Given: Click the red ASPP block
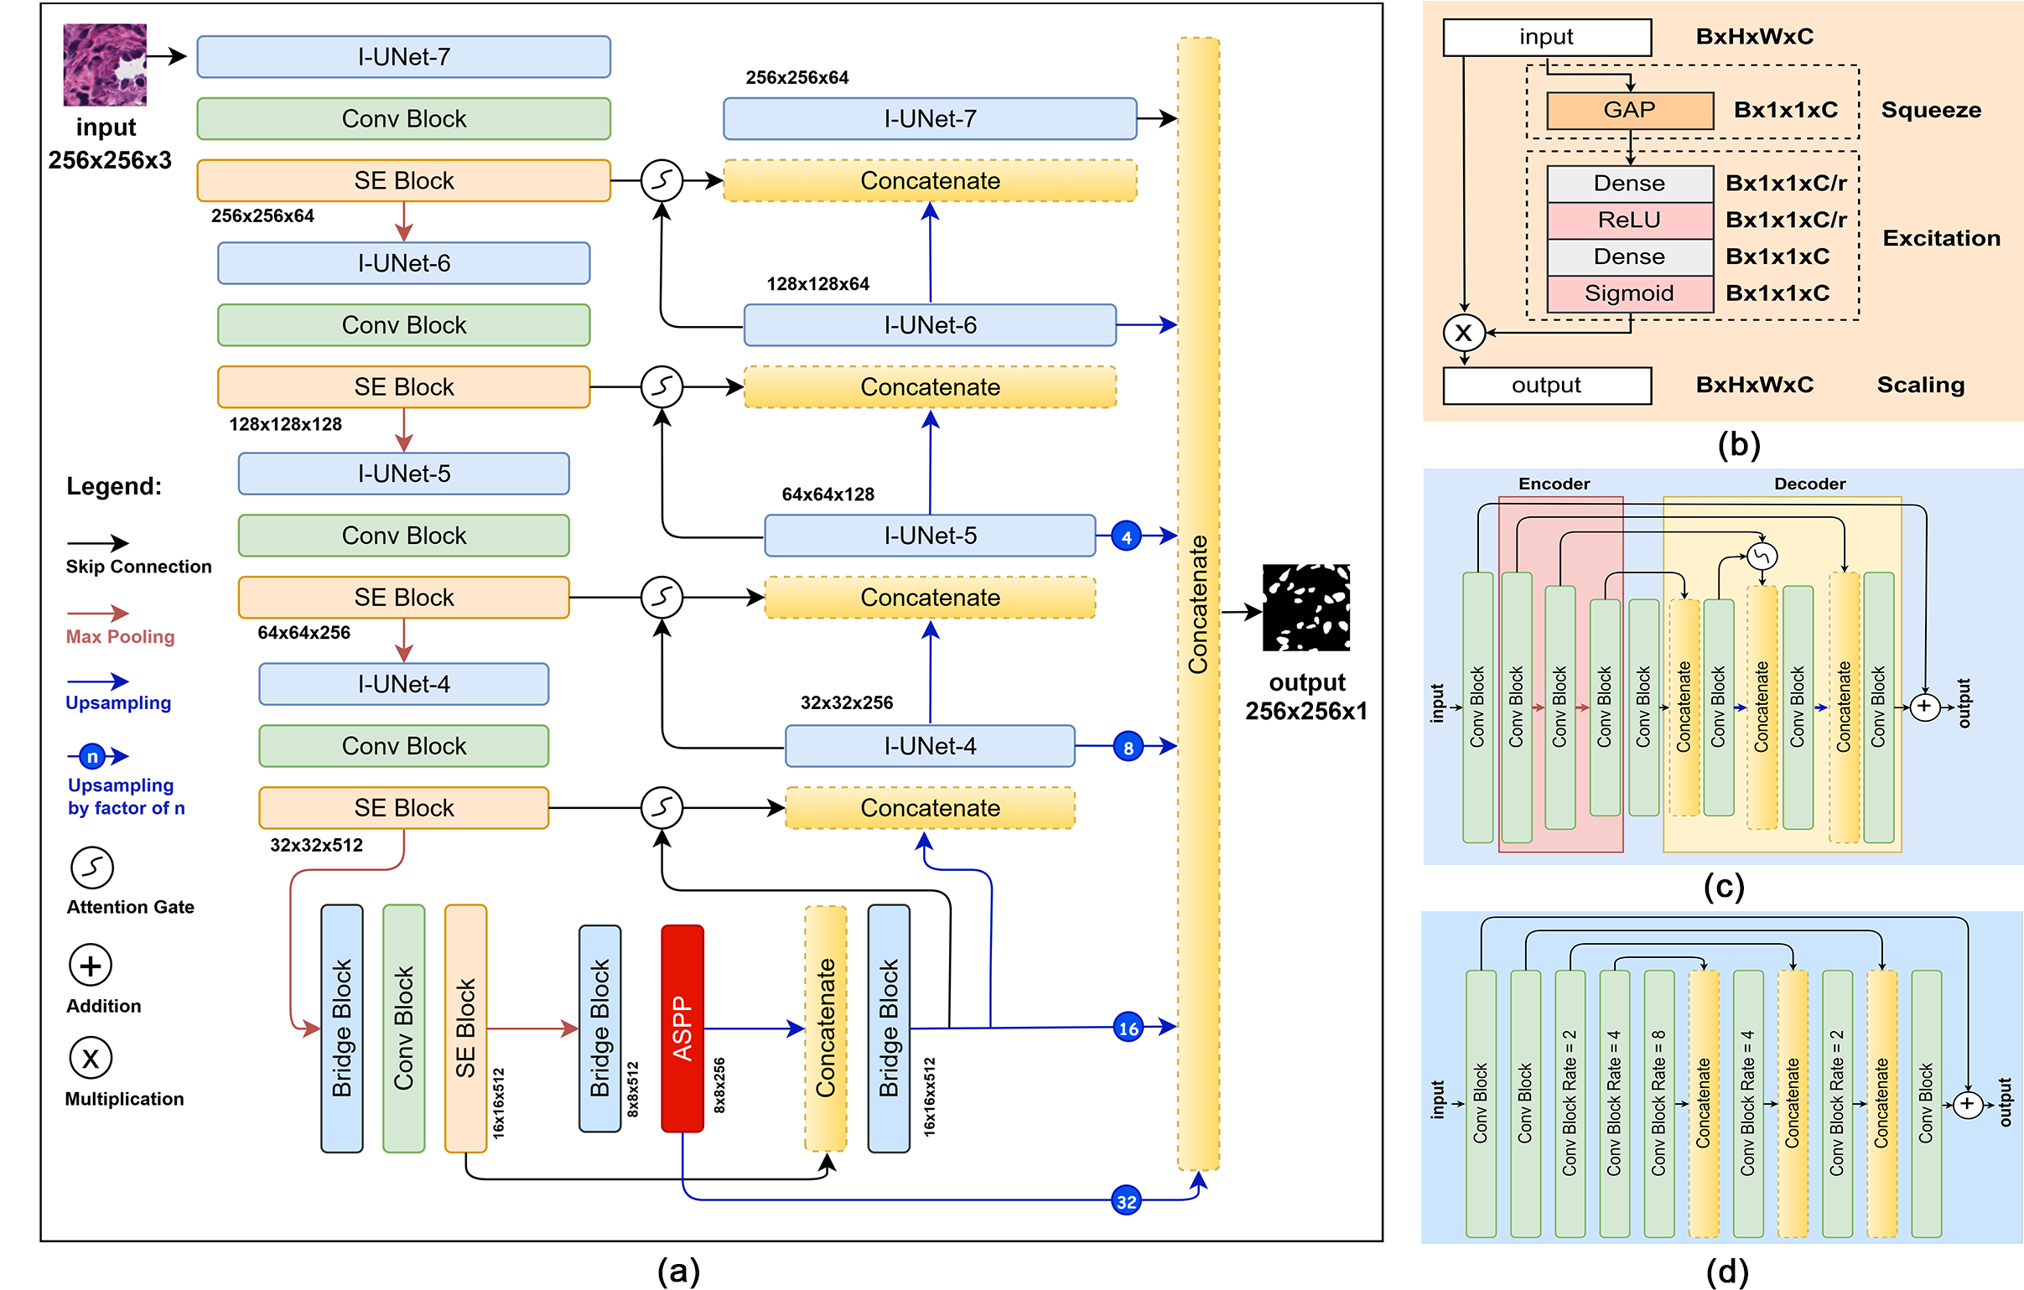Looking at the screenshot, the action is [682, 1028].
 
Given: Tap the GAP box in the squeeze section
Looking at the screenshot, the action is [1629, 110].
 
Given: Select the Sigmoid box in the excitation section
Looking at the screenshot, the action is [1629, 293].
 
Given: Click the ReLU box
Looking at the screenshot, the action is [1629, 220].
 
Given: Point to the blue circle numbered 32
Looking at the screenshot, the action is [1126, 1201].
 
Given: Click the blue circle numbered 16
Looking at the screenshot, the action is [1128, 1027].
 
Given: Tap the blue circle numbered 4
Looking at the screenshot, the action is [1126, 536].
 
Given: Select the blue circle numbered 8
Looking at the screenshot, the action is [1128, 746].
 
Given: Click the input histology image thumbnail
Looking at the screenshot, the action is [105, 65].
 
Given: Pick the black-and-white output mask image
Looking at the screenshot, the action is [1306, 607].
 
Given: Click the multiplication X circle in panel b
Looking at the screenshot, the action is [1463, 332].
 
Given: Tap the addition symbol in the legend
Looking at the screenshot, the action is [91, 965].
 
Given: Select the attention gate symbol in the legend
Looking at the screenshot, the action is [91, 868].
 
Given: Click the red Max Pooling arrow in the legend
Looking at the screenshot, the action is [97, 614].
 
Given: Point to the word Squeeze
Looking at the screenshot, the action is [1931, 110].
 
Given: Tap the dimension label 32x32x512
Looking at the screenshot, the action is [316, 845].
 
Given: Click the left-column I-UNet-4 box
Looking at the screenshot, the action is [403, 684].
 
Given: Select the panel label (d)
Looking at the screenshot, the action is [1727, 1272].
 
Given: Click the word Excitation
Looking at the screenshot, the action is [1942, 238].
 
